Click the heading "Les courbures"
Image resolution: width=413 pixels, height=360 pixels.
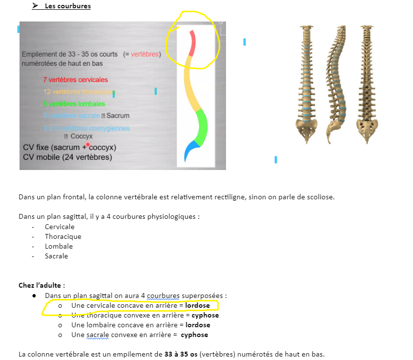[67, 6]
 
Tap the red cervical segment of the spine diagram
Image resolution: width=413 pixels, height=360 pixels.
[192, 43]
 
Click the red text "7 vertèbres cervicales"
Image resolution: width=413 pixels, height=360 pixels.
[75, 80]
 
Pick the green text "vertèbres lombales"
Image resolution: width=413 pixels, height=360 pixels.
[77, 104]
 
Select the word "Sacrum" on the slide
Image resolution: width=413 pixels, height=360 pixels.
[118, 116]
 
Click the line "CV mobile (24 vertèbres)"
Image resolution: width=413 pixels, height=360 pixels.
[67, 157]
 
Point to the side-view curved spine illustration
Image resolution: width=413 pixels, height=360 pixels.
[336, 83]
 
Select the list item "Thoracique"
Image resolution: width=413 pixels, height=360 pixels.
[63, 236]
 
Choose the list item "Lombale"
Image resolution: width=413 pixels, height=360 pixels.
[59, 246]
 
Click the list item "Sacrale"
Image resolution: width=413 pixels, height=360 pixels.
[56, 256]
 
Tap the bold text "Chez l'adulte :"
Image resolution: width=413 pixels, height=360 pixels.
[41, 285]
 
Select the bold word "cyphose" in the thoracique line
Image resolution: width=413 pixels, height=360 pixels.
[205, 315]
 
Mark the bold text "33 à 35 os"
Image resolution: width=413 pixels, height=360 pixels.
[181, 354]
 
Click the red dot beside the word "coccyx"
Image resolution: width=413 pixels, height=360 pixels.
[88, 144]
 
